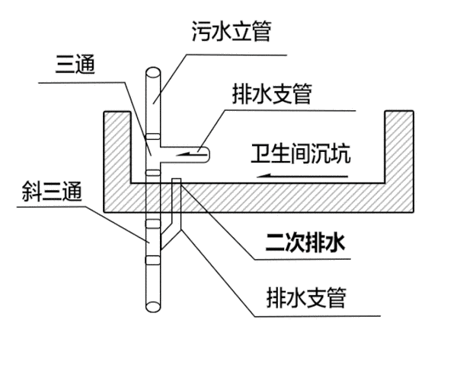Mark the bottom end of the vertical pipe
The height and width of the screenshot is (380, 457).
pyautogui.click(x=152, y=308)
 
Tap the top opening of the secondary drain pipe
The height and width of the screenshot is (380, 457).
pyautogui.click(x=177, y=181)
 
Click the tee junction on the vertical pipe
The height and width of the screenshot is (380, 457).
pyautogui.click(x=152, y=153)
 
